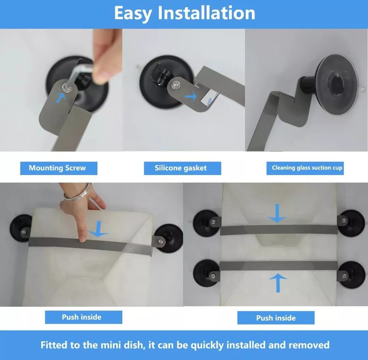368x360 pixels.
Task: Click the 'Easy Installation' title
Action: click(184, 13)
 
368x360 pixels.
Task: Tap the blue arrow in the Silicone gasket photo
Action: click(190, 96)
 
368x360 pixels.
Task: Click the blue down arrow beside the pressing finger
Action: click(98, 229)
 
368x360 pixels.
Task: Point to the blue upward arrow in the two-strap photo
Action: click(278, 283)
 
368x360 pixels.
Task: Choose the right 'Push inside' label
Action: click(276, 318)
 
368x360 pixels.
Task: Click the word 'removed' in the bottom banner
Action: click(309, 345)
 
